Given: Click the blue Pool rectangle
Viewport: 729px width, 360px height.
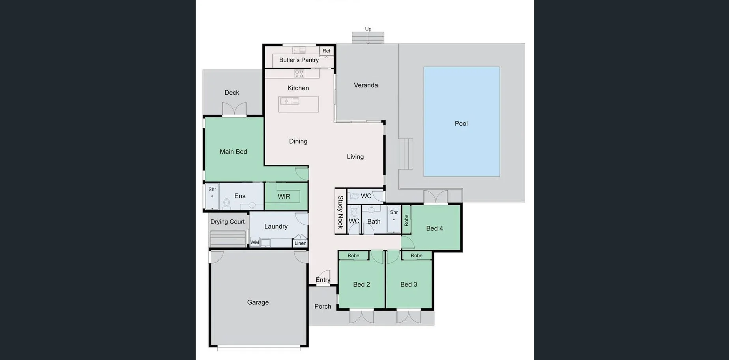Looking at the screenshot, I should tap(462, 122).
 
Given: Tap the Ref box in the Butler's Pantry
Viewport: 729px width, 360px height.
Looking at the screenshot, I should tap(326, 51).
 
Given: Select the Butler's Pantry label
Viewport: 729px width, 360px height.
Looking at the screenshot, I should tap(299, 60).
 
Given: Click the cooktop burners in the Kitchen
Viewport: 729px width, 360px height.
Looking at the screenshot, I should tap(299, 74).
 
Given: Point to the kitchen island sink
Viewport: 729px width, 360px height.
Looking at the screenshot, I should tap(290, 101).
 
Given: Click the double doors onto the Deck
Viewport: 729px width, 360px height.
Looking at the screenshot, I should tap(234, 109).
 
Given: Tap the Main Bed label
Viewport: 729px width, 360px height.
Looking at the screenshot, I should tap(233, 152).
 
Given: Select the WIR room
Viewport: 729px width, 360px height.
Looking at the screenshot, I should tap(284, 196).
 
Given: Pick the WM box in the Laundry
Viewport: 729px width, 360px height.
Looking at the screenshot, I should tap(254, 242).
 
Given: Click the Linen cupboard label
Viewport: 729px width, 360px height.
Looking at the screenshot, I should tap(300, 243).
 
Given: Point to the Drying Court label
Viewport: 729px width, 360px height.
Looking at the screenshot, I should tap(227, 222).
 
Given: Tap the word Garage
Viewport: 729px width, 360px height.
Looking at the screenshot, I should tap(258, 302).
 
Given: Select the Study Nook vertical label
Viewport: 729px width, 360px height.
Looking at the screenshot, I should tap(340, 212).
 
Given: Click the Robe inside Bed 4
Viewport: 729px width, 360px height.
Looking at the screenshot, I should tap(406, 220).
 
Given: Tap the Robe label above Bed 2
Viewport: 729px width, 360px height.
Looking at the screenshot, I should tap(353, 256).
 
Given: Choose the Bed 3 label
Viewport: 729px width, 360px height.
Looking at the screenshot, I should tap(408, 285).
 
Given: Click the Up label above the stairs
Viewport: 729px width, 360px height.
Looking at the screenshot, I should tap(368, 29).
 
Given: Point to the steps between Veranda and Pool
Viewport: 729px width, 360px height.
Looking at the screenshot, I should tap(406, 154).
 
